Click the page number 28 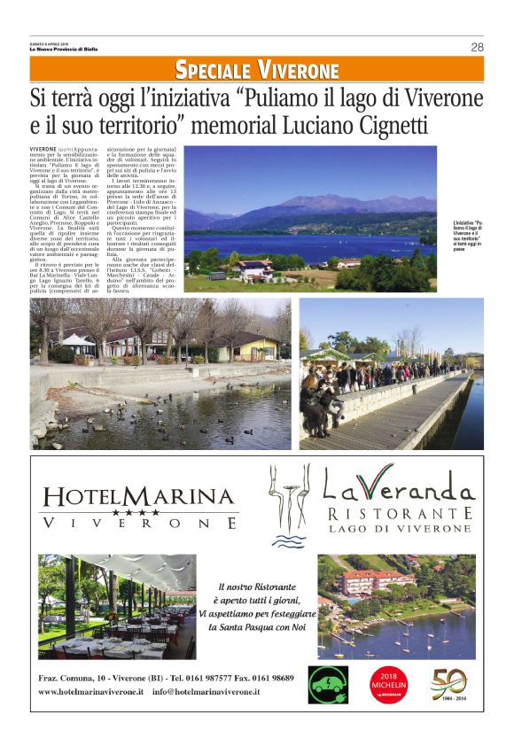477,47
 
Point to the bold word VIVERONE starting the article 43,149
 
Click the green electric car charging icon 328,684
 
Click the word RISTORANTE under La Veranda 399,514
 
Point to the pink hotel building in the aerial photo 376,580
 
